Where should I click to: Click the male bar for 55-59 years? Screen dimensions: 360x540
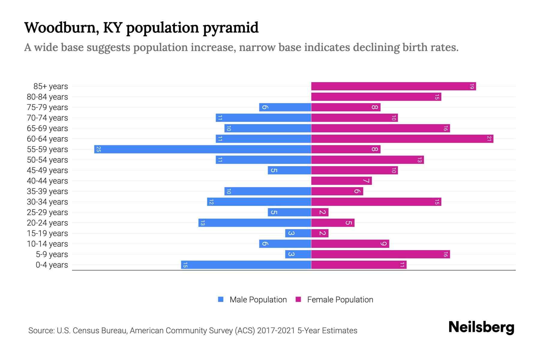[x=202, y=149]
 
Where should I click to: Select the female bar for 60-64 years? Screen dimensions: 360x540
[x=402, y=139]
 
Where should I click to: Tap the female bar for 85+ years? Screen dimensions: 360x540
[x=393, y=86]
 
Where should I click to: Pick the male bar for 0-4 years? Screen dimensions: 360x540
[x=246, y=265]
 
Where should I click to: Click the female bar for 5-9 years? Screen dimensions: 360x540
[x=380, y=254]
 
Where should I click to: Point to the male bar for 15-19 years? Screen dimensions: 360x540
[x=298, y=233]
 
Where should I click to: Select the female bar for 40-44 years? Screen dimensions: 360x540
[x=341, y=181]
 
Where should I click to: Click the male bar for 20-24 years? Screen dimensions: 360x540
[x=255, y=223]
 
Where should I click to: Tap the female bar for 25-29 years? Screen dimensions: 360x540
[x=320, y=212]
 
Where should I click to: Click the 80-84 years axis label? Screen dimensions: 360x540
[x=47, y=97]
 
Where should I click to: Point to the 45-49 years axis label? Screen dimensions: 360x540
[x=47, y=170]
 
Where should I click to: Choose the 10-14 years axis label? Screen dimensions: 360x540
[x=47, y=244]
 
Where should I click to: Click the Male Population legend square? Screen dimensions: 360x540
[x=221, y=299]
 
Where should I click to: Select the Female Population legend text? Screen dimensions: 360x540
[x=340, y=299]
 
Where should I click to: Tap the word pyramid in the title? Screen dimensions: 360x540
[x=230, y=28]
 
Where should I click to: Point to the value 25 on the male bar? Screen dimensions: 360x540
[x=98, y=149]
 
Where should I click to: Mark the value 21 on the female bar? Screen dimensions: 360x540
[x=489, y=139]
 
